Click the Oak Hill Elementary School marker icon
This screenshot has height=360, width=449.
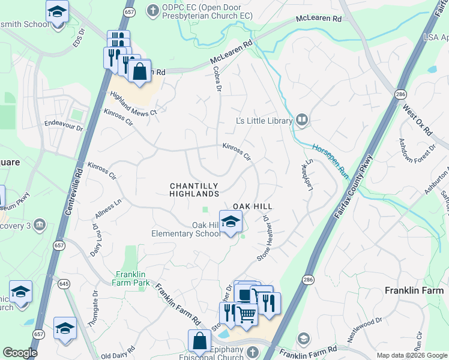[x=231, y=223]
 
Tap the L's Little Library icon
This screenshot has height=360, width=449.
[x=302, y=121]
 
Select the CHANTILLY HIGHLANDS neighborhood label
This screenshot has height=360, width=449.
[x=193, y=190]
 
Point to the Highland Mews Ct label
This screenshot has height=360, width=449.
[x=133, y=103]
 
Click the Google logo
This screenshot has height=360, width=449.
[x=20, y=353]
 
